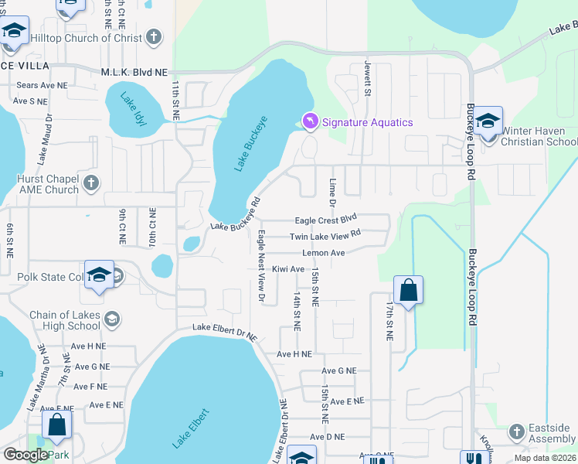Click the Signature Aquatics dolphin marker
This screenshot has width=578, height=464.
(x=309, y=122)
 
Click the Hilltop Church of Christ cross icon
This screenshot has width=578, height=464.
(x=154, y=37)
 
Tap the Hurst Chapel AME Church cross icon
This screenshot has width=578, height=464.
(x=91, y=183)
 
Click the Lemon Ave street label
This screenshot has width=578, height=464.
(x=324, y=253)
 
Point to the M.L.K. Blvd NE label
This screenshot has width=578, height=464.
(x=134, y=71)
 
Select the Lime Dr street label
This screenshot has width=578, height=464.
(x=333, y=191)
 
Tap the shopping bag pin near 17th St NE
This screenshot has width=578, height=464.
(x=408, y=292)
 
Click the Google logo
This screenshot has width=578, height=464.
(x=25, y=455)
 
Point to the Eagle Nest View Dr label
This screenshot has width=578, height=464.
(x=262, y=265)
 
